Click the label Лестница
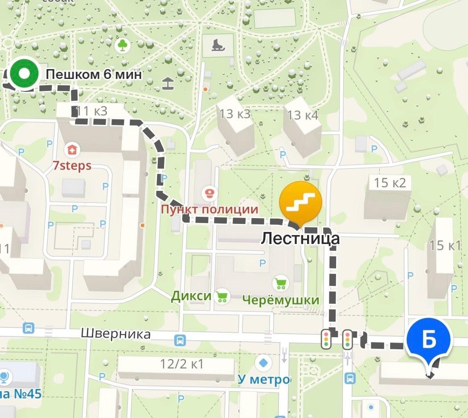[300, 238]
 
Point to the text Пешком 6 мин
[94, 74]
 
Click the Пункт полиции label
[209, 209]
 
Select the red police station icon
[208, 194]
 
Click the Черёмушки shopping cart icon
[281, 283]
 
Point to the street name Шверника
[116, 334]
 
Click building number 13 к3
[234, 114]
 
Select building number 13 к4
[303, 116]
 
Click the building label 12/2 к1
[182, 364]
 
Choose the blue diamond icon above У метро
[264, 362]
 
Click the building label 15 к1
[444, 245]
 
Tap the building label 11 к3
[91, 111]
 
